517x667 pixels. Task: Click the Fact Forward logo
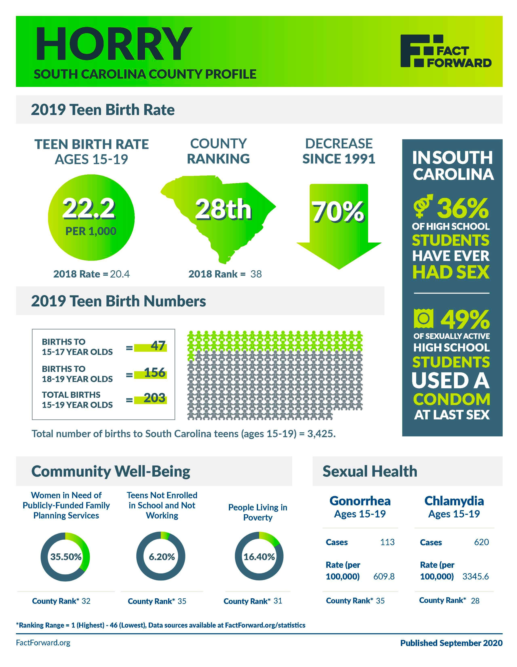tap(446, 51)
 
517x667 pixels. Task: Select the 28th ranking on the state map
tap(223, 210)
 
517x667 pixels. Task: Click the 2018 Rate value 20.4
tap(120, 274)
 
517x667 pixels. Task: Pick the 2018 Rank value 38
tap(256, 274)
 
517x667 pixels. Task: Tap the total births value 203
tap(155, 398)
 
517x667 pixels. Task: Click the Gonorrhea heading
tap(360, 501)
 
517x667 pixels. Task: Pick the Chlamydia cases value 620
tap(481, 542)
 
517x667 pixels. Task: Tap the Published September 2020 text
tap(451, 643)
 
